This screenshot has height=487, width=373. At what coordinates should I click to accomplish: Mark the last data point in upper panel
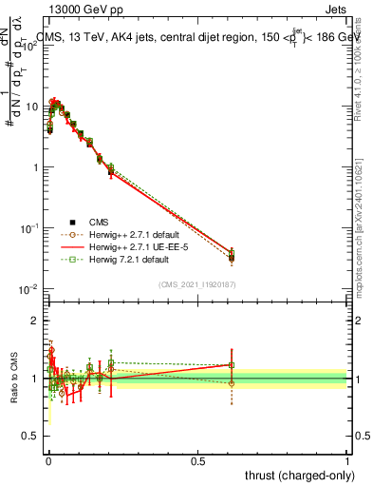click(x=232, y=257)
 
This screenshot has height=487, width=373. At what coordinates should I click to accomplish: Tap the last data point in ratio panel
click(x=232, y=364)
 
